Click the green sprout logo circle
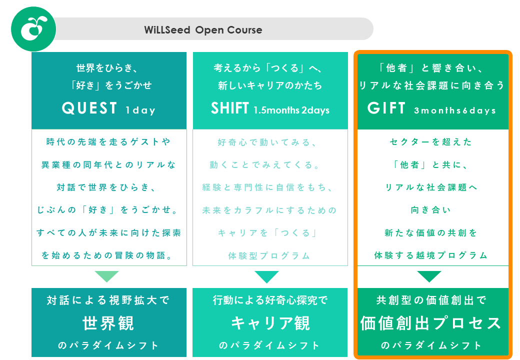pos(33,29)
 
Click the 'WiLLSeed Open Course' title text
pos(203,30)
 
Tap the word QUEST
pos(89,108)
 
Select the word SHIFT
pos(230,108)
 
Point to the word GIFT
pos(386,108)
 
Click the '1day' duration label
pos(140,110)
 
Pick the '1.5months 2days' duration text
pos(291,110)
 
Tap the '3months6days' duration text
pos(454,110)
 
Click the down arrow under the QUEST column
pos(107,276)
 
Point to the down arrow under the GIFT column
pos(429,276)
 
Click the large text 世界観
pos(108,323)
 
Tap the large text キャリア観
pos(270,323)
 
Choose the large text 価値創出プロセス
pos(431,323)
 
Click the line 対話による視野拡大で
pos(108,300)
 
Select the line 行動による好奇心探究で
pos(270,300)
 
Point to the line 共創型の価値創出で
pos(431,300)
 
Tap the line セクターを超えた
pos(431,142)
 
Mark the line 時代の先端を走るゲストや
pos(108,142)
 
